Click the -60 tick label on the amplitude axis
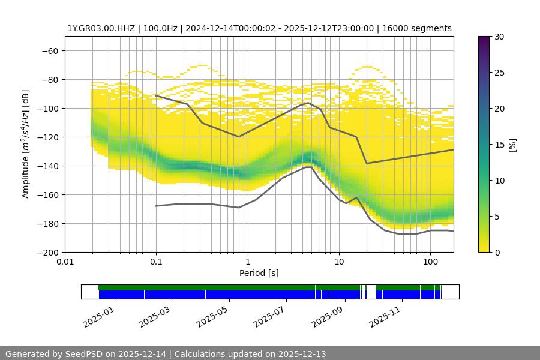[49, 50]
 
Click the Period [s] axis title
[259, 274]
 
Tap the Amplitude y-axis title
[26, 144]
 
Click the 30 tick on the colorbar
[499, 37]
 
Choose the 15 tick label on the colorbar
[499, 145]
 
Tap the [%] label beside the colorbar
[512, 145]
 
